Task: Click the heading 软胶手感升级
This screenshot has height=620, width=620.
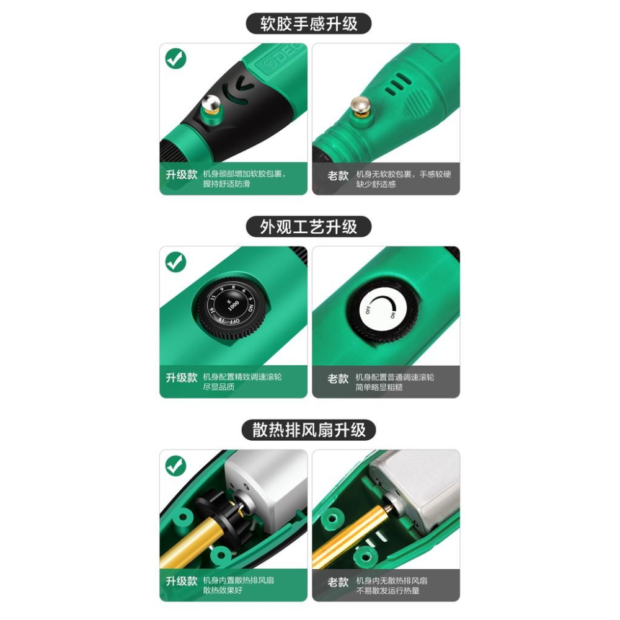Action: click(x=308, y=24)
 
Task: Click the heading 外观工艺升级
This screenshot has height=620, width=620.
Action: click(x=308, y=226)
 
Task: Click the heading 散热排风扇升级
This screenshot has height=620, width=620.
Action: click(x=308, y=429)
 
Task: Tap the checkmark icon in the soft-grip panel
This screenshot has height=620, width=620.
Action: click(x=176, y=59)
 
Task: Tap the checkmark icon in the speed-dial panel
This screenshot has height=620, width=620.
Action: click(x=176, y=262)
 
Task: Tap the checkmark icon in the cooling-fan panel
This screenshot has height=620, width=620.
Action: click(x=176, y=465)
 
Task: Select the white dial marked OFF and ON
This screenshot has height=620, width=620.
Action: click(x=379, y=308)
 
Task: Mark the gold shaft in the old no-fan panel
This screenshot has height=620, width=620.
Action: click(x=347, y=539)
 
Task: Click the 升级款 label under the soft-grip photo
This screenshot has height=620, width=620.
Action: click(x=181, y=174)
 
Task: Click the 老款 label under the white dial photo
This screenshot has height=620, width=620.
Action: click(x=338, y=378)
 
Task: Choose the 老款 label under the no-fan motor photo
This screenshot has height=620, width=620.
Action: click(x=338, y=582)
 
